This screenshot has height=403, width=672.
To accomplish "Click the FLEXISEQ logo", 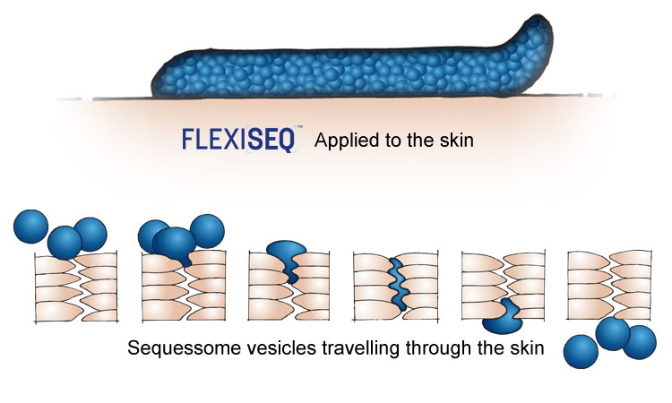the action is point(239,139).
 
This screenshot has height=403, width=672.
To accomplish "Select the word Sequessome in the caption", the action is point(185,347).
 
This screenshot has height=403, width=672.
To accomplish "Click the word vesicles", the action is point(281,347).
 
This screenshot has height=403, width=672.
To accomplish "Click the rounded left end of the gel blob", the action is point(159,82).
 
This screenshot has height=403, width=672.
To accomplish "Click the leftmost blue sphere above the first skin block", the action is point(30,227).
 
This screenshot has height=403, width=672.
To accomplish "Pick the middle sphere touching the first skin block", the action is point(65,243).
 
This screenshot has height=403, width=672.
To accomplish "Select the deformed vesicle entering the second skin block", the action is point(175,245).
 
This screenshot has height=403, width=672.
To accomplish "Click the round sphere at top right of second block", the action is point(207,231).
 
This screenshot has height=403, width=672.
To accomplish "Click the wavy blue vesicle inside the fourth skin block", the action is point(399,284).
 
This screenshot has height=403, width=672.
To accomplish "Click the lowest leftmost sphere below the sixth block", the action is point(581,352).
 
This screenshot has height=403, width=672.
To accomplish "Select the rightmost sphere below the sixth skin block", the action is point(640,342).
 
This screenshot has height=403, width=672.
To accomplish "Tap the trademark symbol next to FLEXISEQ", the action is point(299,127).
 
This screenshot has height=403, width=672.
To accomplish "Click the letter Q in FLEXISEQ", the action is point(287,140).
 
